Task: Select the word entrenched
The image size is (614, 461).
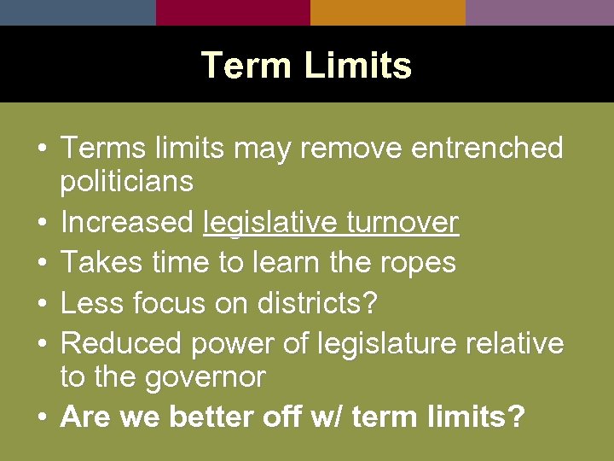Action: [487, 148]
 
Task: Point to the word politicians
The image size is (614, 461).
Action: [127, 181]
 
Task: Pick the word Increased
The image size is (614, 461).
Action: [127, 222]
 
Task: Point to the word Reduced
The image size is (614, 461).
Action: [121, 343]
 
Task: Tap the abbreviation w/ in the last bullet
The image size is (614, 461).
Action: [328, 417]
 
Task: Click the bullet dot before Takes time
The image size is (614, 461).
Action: [41, 263]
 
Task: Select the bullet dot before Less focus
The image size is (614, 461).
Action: [41, 303]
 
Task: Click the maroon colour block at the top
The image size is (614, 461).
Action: [233, 12]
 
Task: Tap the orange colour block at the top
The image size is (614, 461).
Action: [388, 12]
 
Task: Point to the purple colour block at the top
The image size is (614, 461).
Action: [540, 12]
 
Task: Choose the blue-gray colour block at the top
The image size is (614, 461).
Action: [78, 12]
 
